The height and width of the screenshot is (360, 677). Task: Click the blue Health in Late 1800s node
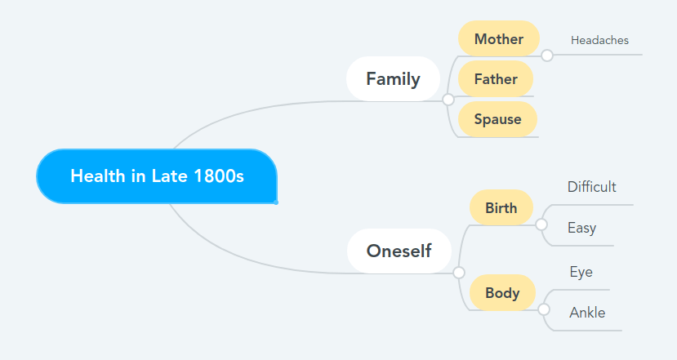click(x=157, y=176)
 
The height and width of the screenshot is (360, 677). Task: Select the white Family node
click(x=393, y=79)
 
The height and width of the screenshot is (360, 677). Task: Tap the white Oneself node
click(x=399, y=251)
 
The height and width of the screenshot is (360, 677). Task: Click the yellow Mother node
click(x=499, y=39)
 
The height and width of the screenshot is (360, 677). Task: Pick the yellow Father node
click(x=496, y=79)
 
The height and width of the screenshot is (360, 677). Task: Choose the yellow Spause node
click(x=497, y=119)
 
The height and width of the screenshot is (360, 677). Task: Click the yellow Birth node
click(x=501, y=207)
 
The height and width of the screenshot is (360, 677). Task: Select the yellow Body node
click(x=502, y=293)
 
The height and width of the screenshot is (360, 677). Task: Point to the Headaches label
click(x=599, y=40)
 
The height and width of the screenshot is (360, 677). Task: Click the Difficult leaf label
click(x=591, y=187)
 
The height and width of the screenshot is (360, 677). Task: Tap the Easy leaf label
click(x=582, y=228)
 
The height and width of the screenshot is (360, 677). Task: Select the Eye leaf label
click(x=581, y=272)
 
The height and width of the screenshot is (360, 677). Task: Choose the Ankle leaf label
click(x=587, y=313)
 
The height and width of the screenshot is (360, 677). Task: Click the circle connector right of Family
click(x=448, y=100)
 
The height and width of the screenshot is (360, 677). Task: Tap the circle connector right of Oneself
click(x=459, y=273)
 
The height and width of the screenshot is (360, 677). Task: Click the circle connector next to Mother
click(x=547, y=56)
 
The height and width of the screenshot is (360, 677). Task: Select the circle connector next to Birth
click(x=541, y=224)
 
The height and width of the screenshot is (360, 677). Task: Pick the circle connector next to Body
click(x=544, y=309)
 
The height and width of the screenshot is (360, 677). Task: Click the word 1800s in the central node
click(x=219, y=176)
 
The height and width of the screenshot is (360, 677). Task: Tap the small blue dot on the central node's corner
click(x=276, y=202)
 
